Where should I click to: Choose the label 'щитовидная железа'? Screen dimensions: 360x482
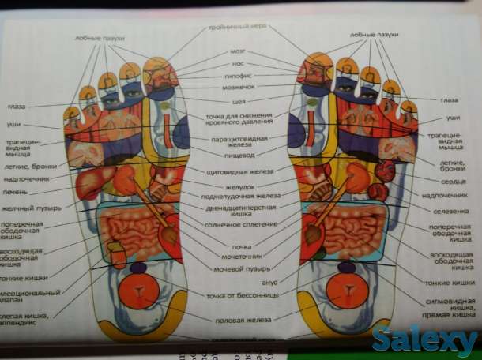click(x=239, y=171)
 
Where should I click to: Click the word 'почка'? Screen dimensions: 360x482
click(x=240, y=246)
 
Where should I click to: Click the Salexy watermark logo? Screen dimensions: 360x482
click(x=426, y=339)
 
